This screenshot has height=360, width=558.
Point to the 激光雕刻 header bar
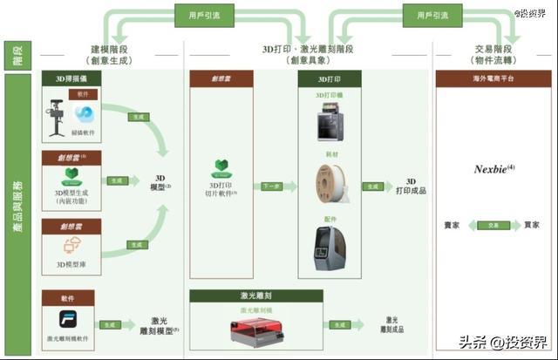(251, 296)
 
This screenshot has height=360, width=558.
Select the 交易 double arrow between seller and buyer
(493, 225)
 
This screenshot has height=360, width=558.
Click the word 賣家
(453, 225)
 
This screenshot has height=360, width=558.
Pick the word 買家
(531, 225)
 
